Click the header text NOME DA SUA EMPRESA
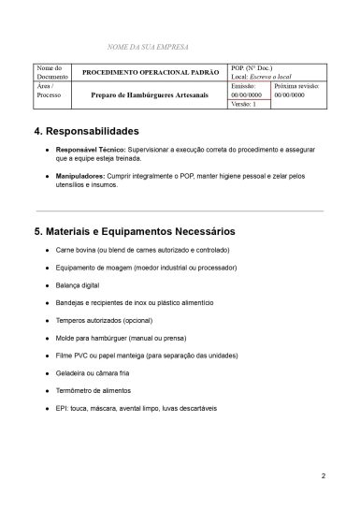149,46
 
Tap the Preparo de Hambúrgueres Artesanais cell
150,95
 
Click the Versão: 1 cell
248,104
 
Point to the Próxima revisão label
297,85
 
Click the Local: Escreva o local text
262,76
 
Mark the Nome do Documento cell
49,72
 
